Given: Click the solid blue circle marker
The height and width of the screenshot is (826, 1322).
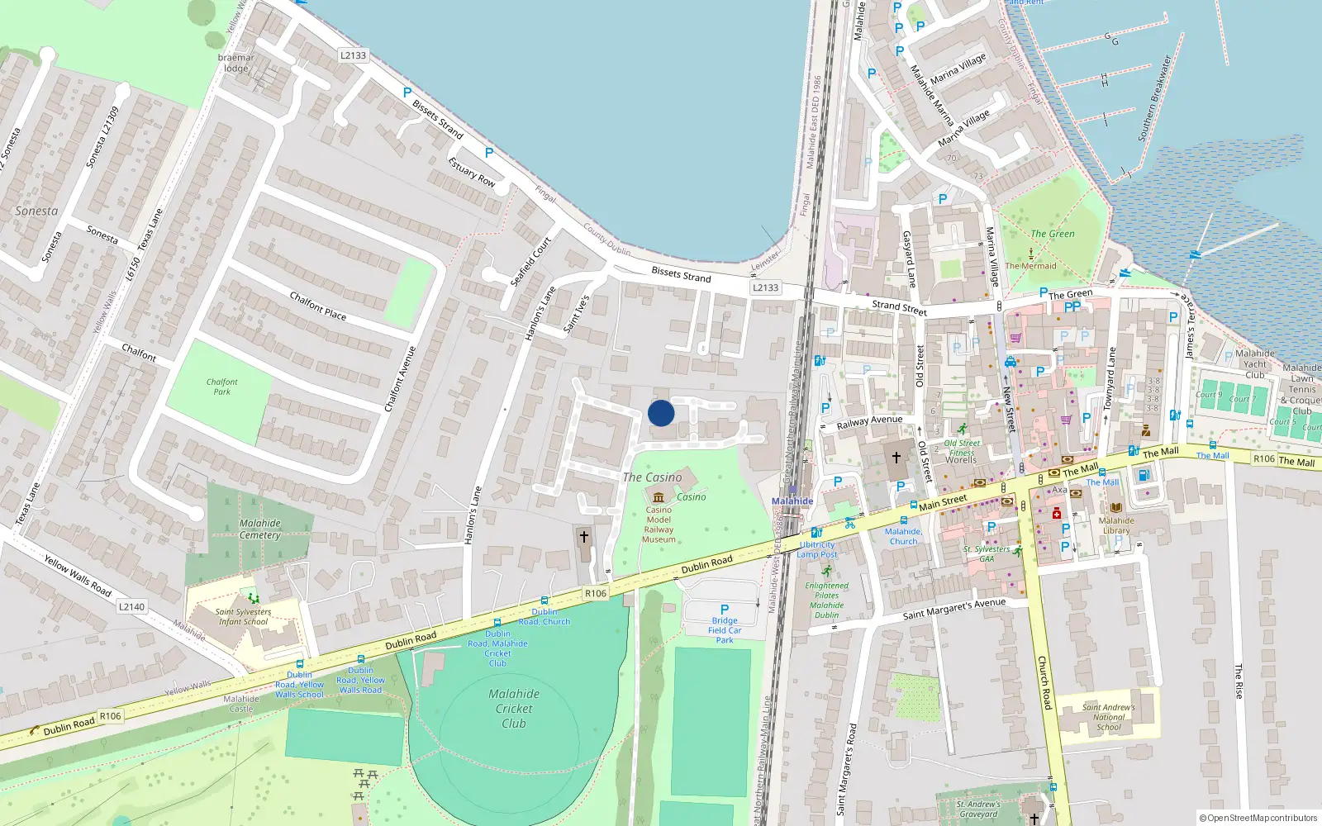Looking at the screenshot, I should pos(661,413).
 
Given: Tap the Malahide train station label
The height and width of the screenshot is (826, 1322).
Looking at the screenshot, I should pos(792,501).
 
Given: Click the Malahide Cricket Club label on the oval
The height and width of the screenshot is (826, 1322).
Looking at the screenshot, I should pos(514,709).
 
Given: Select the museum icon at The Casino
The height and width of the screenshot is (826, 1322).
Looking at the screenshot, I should pos(659,497).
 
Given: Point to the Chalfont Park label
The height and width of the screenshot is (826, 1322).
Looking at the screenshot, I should pos(221,387).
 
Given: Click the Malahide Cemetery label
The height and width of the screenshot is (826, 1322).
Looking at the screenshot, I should pos(260,529).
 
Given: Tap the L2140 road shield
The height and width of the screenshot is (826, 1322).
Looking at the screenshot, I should pos(131,606).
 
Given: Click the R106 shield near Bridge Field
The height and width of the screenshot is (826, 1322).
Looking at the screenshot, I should pos(595,593).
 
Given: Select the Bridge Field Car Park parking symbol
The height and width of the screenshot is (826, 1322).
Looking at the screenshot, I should pos(725,610).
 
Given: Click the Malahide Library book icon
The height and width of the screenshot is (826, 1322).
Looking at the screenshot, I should pos(1116,507).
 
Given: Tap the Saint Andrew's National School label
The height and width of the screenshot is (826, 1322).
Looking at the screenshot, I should pos(1108,717).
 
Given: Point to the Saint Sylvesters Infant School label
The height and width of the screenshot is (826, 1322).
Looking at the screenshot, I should pos(243,617).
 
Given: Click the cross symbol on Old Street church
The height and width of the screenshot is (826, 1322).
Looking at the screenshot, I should pos(896,457).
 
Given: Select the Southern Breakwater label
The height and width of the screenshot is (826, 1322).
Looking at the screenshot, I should pos(1154,98).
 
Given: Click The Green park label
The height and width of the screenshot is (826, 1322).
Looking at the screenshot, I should pos(1052,234).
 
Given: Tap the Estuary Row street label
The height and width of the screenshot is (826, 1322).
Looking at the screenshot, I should pos(472,172).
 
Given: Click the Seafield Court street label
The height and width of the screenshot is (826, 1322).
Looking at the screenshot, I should pos(530,263).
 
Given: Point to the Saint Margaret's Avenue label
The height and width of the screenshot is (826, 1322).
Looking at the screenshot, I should pos(953,610).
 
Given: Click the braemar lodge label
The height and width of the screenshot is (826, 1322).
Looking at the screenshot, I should pos(235,63).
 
